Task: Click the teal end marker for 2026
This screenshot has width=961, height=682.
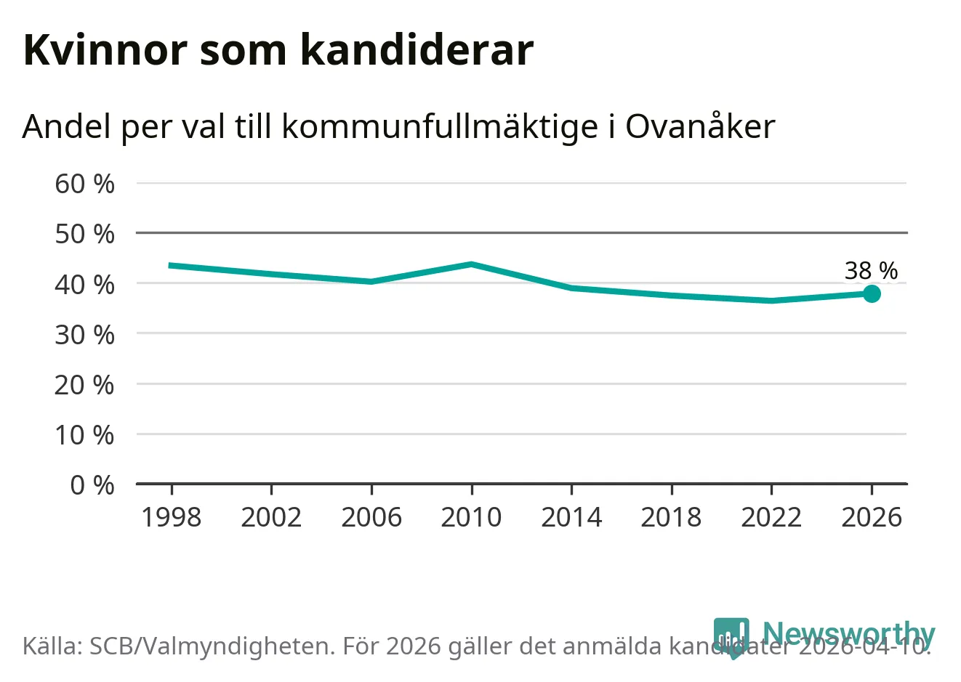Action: click(x=872, y=293)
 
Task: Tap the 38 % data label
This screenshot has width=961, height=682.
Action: click(x=871, y=270)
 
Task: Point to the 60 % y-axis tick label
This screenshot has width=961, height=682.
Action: click(x=84, y=184)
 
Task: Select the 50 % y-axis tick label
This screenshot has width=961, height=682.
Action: click(x=84, y=234)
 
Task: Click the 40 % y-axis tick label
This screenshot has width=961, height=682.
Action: click(x=84, y=284)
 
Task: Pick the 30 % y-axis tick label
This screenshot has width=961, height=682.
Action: click(x=84, y=334)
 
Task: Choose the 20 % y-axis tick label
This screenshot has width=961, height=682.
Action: click(x=84, y=384)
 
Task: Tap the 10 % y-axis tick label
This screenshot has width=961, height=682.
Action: click(x=84, y=434)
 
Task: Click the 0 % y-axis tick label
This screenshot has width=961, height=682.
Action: click(x=92, y=484)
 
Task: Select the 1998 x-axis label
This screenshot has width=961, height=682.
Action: click(x=172, y=517)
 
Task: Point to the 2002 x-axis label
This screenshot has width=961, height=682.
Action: click(x=271, y=517)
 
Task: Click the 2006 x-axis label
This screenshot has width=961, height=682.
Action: click(x=371, y=517)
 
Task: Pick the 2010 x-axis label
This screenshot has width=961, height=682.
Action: click(x=471, y=517)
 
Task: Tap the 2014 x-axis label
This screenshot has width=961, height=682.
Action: click(x=571, y=517)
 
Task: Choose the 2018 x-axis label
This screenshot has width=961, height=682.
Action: click(x=671, y=517)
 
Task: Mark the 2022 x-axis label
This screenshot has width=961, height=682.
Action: click(x=771, y=517)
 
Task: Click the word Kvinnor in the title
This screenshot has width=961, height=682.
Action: click(x=105, y=50)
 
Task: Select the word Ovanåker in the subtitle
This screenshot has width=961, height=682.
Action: click(x=700, y=126)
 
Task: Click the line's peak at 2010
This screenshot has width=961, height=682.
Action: click(x=472, y=264)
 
